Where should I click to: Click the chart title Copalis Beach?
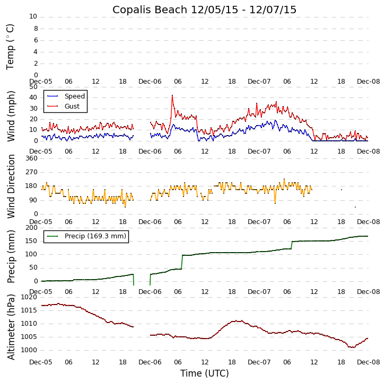[204, 10]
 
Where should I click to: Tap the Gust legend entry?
[72, 106]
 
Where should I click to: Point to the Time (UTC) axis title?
[204, 373]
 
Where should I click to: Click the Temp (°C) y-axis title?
[11, 46]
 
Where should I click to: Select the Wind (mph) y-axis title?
[11, 115]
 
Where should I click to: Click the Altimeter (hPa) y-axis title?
[11, 326]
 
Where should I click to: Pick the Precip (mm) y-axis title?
[11, 256]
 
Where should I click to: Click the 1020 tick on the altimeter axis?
[30, 297]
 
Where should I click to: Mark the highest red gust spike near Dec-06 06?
[172, 95]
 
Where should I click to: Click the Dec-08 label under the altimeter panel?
[368, 362]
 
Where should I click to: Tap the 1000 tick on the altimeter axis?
[30, 350]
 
